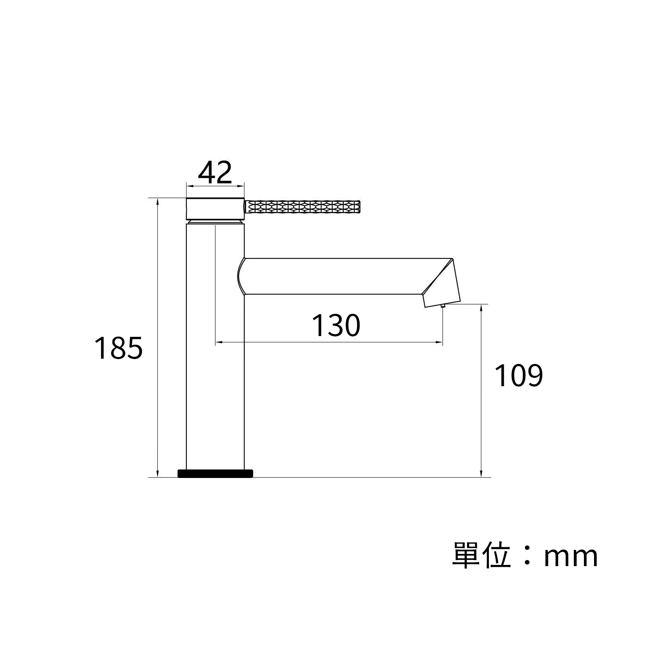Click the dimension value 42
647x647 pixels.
[215, 173]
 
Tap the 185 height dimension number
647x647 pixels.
[118, 348]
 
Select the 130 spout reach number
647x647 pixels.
[336, 326]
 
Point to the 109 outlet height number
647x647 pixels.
[518, 376]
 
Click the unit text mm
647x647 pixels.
[571, 557]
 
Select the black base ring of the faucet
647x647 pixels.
[215, 474]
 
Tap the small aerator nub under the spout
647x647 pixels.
[443, 306]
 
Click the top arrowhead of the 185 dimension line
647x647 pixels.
[158, 201]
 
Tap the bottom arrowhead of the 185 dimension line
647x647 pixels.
[158, 474]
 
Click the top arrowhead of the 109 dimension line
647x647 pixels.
[481, 307]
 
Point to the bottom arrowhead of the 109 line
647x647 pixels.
[481, 474]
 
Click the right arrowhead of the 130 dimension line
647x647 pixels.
[440, 343]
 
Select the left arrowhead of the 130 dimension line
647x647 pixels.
[218, 343]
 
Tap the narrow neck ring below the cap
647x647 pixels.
[215, 222]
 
